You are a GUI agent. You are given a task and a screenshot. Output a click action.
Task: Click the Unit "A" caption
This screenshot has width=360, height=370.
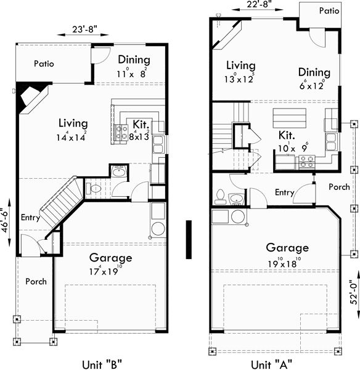coord(272,363)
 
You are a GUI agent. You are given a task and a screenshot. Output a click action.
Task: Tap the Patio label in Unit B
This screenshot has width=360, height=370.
coord(44,63)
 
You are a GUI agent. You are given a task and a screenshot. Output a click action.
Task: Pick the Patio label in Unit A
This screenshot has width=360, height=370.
coord(329,10)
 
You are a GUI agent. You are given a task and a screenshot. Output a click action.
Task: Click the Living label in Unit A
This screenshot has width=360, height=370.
coord(240,65)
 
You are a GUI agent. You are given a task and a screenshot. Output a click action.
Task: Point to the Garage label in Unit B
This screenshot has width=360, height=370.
coord(111,258)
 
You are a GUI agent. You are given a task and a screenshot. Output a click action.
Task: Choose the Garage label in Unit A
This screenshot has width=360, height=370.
coord(287,248)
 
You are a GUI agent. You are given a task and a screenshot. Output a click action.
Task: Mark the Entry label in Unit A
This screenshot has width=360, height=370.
coord(284,192)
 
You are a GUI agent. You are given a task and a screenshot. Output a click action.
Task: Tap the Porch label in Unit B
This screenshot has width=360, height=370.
coord(36,281)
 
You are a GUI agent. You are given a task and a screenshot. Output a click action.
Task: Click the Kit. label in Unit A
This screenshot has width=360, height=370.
coord(287,134)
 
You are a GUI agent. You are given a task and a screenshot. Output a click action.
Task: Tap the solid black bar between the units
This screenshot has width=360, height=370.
coord(189,236)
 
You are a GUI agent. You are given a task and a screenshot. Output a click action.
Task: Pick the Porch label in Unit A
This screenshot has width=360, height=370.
coord(339,187)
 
